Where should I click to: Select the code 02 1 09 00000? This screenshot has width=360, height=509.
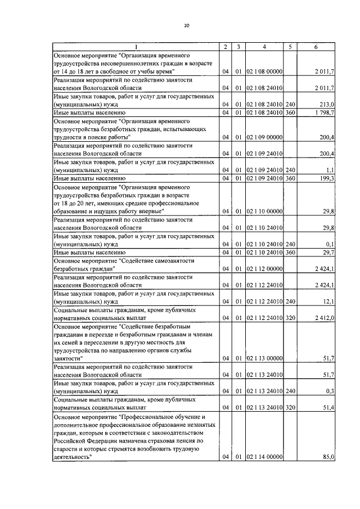pyautogui.click(x=264, y=137)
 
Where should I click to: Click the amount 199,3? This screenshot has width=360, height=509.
pyautogui.click(x=327, y=178)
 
